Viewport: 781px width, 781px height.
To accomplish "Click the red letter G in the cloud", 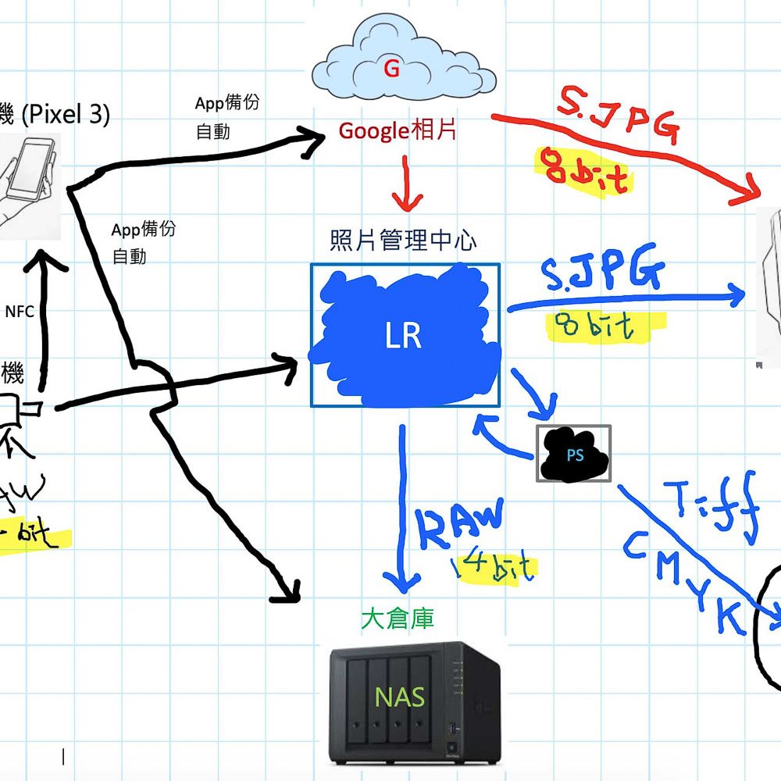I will pos(392,70).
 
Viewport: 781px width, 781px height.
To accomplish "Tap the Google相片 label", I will pos(398,130).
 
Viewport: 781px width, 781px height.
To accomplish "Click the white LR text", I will pos(404,335).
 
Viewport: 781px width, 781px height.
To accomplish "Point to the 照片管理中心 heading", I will pos(402,241).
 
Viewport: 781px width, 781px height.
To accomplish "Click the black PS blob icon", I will pos(574,454).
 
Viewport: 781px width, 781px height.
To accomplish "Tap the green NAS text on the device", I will pos(400,696).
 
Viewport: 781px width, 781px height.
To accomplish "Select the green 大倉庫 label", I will pos(398,619).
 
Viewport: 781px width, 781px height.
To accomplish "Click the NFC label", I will pos(20,312).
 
